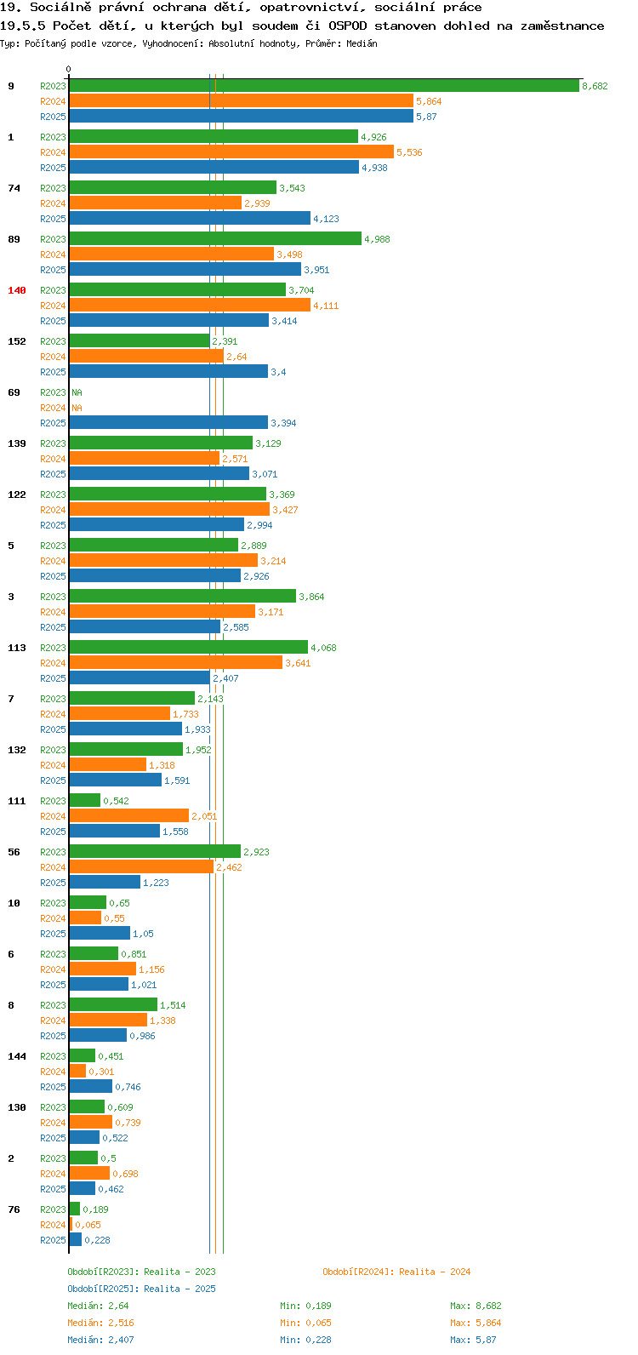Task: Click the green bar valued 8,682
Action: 324,86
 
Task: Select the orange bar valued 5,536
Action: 231,152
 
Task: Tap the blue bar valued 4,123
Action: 190,219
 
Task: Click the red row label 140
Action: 17,290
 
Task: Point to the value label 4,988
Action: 378,239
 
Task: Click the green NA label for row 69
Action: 77,392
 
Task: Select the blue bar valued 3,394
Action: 168,423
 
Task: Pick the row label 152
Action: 17,341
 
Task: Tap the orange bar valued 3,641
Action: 176,663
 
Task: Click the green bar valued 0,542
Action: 85,800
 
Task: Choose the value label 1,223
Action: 156,883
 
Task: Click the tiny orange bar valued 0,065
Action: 71,1224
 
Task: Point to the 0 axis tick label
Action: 68,69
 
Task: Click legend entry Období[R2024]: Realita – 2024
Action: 396,1272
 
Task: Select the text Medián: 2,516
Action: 100,1323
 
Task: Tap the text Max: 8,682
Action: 476,1306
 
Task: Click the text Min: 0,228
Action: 305,1340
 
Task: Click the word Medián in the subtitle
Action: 362,43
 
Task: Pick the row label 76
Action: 14,1209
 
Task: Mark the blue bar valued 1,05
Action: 100,934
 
